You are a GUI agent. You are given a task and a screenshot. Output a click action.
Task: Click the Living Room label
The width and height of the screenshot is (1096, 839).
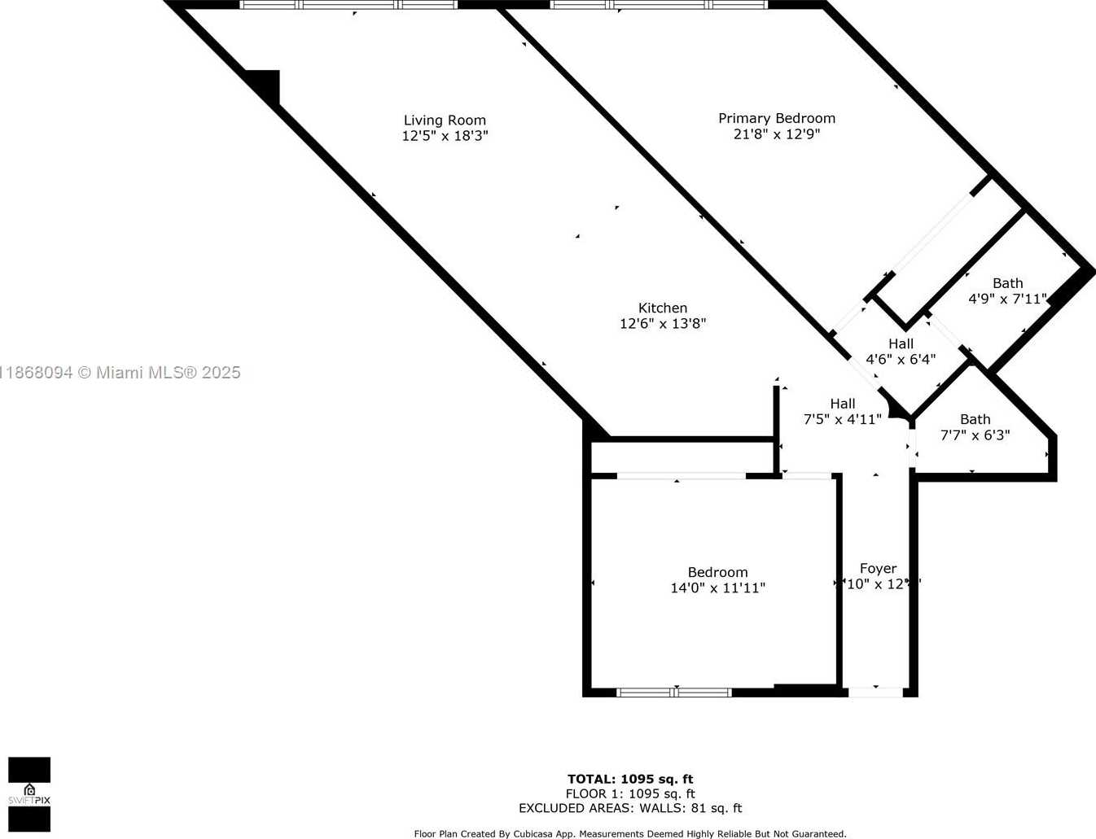tap(445, 120)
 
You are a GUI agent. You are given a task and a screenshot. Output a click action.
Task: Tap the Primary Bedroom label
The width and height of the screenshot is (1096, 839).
tap(777, 118)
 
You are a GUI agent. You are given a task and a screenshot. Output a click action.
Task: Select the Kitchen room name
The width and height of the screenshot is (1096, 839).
tap(663, 308)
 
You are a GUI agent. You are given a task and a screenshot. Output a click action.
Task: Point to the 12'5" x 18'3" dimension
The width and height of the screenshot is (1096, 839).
tap(445, 136)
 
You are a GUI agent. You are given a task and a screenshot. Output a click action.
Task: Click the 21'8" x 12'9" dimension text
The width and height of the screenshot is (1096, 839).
tap(777, 133)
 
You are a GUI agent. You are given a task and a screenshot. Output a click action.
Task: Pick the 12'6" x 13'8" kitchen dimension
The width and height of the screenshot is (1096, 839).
tap(663, 323)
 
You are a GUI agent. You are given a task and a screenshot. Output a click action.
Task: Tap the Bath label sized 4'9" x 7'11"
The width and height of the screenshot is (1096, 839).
tap(1007, 283)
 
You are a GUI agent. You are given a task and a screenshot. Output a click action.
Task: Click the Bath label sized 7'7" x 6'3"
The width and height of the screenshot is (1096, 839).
tap(975, 419)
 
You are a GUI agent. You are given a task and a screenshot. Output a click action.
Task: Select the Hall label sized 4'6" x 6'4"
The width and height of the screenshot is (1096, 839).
tap(901, 343)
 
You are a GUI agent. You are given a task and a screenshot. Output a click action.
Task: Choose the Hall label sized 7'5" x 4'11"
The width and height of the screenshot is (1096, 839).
tap(843, 404)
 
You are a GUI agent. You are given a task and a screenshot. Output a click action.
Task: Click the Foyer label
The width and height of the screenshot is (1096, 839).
tap(878, 568)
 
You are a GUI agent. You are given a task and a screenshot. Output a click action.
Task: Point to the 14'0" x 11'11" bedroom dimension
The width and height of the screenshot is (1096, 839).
tap(717, 588)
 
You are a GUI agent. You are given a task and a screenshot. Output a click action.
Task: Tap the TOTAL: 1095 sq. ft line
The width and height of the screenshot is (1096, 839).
tap(630, 779)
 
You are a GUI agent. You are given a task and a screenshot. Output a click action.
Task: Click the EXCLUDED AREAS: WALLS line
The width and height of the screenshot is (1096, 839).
tap(630, 808)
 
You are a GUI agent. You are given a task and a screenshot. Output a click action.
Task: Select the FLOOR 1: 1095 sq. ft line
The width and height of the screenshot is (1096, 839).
tap(630, 793)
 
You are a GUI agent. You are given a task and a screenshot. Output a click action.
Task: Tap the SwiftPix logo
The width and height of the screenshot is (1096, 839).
tap(29, 793)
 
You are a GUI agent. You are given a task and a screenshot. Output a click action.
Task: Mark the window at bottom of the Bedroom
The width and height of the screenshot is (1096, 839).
tap(674, 693)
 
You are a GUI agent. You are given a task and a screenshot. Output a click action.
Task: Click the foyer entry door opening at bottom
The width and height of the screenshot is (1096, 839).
tap(875, 692)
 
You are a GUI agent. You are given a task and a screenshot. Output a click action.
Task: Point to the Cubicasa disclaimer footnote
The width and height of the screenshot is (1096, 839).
tap(630, 833)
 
